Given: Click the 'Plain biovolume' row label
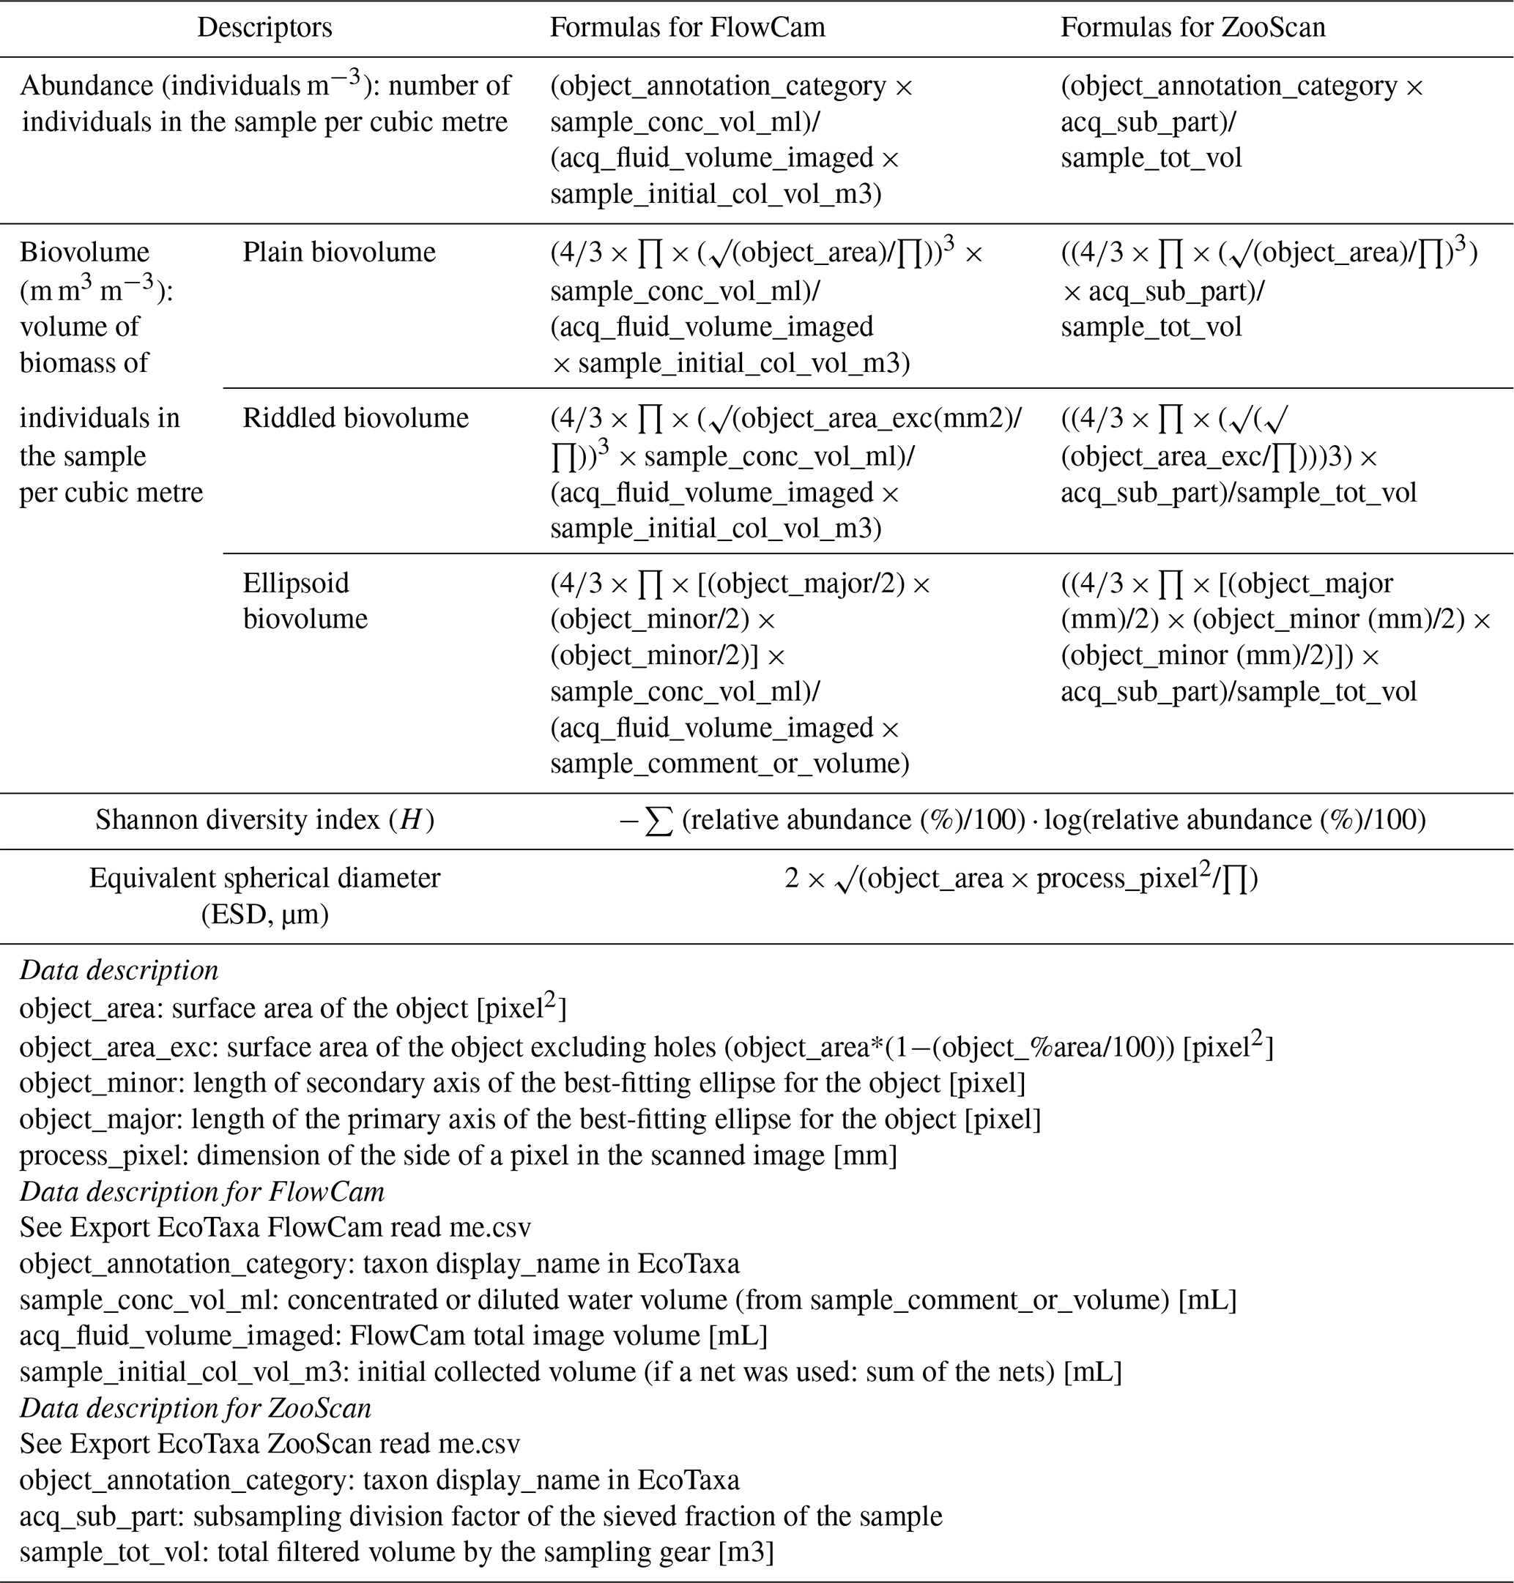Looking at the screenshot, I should (339, 253).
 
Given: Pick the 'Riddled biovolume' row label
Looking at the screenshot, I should (355, 418).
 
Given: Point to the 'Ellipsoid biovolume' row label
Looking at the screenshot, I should (305, 601).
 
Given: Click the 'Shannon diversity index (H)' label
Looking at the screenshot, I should (264, 821).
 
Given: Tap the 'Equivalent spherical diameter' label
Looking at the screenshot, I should (264, 879).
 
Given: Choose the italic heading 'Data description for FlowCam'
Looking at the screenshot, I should (201, 1192).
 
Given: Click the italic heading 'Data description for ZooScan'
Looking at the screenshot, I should (196, 1408).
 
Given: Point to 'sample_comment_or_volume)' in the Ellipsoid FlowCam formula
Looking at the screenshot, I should (730, 763).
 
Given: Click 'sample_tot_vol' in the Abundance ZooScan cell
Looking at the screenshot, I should (1151, 158).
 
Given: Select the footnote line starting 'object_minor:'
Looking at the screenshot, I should (522, 1083).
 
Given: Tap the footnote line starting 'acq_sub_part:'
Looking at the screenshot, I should (481, 1516).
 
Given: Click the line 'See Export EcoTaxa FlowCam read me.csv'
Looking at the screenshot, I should (275, 1228).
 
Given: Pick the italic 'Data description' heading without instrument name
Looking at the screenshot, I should (119, 971).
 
